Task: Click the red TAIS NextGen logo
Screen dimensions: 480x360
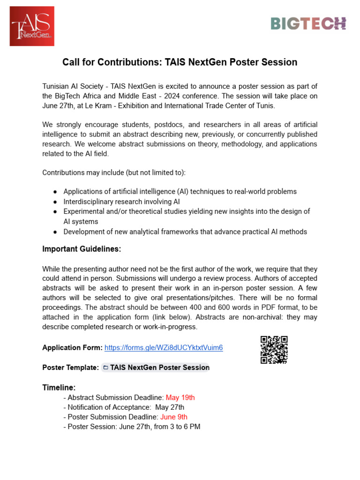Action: point(32,26)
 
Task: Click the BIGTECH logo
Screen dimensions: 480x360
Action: point(308,23)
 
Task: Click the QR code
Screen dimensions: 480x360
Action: point(274,350)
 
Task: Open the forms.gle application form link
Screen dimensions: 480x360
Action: point(164,348)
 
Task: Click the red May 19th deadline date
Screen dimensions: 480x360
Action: point(180,397)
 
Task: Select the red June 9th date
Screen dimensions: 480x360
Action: point(174,417)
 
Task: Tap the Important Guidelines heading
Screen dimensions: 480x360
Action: point(82,249)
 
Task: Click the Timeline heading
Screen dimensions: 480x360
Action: point(59,388)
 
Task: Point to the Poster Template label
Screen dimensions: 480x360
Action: point(70,367)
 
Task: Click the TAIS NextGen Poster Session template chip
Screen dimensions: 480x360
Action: point(156,367)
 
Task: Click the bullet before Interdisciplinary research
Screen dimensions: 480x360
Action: point(55,202)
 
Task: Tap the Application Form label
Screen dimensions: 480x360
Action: point(72,348)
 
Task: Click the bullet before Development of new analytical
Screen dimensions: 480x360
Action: point(55,232)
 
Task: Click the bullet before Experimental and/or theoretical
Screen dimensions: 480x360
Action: point(55,212)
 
